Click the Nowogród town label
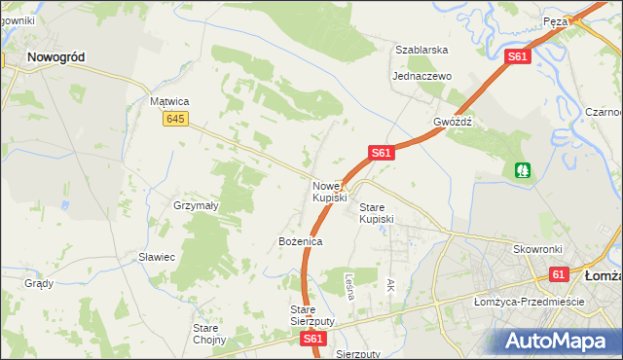tap(55, 57)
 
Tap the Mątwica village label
tap(168, 101)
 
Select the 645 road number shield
tap(175, 119)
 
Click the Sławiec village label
tap(156, 257)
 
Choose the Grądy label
tap(39, 284)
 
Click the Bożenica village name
tap(300, 240)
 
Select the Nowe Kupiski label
tap(329, 192)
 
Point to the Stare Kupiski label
tap(377, 213)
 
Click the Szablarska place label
tap(421, 50)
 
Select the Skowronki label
tap(539, 249)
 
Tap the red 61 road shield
tap(557, 275)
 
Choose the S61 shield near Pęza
tap(518, 58)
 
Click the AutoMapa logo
tap(558, 342)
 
